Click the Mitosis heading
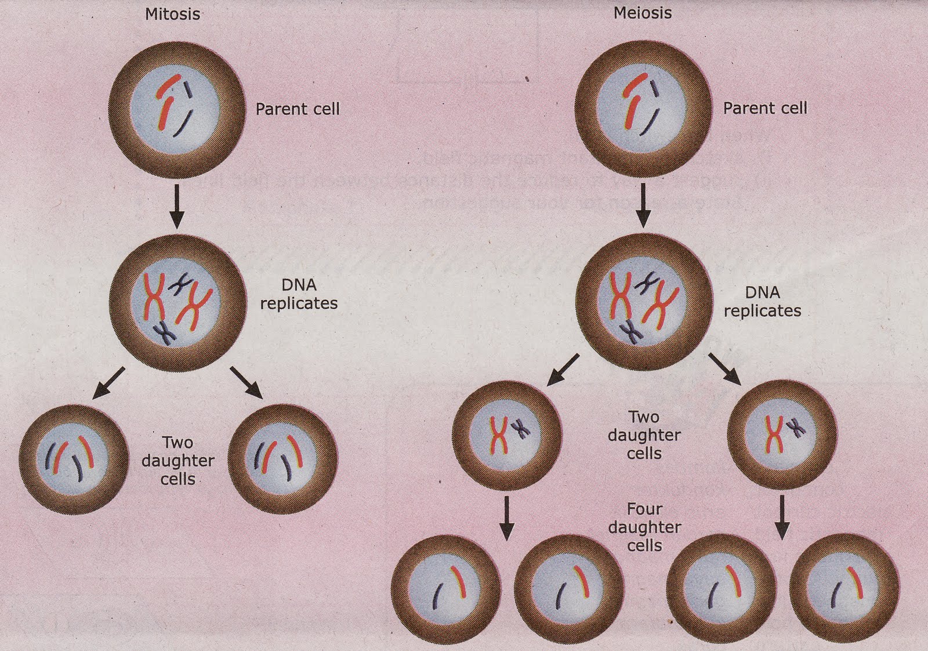[x=172, y=14]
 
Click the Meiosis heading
[x=642, y=13]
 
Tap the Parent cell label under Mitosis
[x=298, y=109]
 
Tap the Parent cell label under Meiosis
[x=764, y=108]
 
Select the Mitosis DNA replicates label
[x=299, y=294]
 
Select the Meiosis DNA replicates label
[x=762, y=302]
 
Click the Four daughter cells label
[x=644, y=527]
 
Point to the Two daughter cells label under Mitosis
[x=177, y=461]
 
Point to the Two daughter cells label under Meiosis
[x=644, y=435]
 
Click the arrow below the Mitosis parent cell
[x=177, y=206]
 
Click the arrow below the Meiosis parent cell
[x=643, y=206]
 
